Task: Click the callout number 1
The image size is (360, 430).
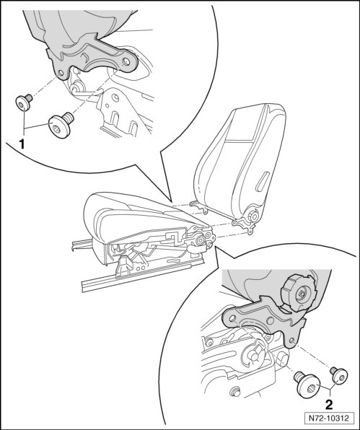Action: click(x=22, y=144)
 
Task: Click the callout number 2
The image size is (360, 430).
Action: click(x=329, y=404)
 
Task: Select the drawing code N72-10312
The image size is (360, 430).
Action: click(x=329, y=418)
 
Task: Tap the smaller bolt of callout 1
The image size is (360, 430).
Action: click(x=24, y=102)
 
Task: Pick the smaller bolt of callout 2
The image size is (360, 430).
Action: click(x=339, y=375)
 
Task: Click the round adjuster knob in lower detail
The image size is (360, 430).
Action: click(x=299, y=293)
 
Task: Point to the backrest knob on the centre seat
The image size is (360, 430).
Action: click(x=253, y=216)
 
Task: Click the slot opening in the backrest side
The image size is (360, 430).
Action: click(x=263, y=182)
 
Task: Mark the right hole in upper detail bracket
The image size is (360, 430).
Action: click(x=127, y=61)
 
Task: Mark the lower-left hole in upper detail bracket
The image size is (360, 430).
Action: click(x=61, y=73)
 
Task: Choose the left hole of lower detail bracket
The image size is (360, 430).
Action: click(x=232, y=318)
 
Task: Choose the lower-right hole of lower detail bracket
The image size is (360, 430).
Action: click(x=292, y=341)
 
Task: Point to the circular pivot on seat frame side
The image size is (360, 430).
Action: click(x=200, y=240)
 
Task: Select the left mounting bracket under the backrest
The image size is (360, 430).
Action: click(x=198, y=206)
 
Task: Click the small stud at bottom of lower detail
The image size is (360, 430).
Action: click(x=234, y=392)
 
